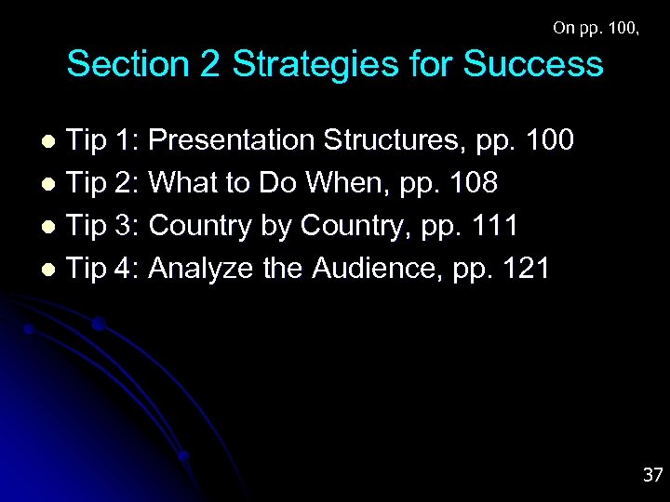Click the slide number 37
click(x=652, y=475)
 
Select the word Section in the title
click(x=125, y=64)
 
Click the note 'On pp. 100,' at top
click(x=596, y=28)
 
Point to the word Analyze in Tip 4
click(x=201, y=269)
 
